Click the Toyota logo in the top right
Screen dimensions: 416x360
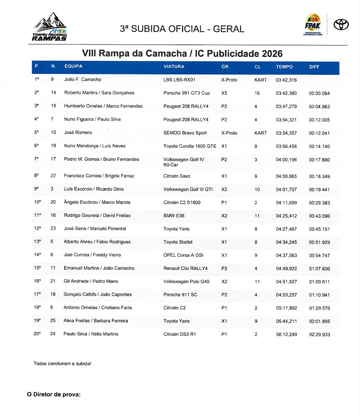coord(341,25)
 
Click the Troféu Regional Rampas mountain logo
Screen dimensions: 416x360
coord(50,29)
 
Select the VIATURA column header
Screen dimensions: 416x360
coord(174,67)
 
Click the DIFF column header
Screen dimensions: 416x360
coord(314,67)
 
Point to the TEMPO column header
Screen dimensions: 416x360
coord(284,67)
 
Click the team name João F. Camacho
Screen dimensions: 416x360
coord(83,80)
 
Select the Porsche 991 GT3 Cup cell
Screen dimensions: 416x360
coord(187,93)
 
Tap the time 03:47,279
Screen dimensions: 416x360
coord(286,106)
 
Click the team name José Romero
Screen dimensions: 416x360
coord(78,133)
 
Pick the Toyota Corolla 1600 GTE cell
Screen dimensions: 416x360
coord(190,146)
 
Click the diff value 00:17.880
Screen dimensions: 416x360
coord(319,159)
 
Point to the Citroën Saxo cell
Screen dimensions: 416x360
coord(177,176)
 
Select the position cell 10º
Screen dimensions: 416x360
coord(37,202)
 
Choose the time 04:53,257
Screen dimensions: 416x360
coord(286,295)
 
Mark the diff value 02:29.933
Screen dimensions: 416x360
coord(319,334)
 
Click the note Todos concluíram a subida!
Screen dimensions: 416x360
coord(63,363)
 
